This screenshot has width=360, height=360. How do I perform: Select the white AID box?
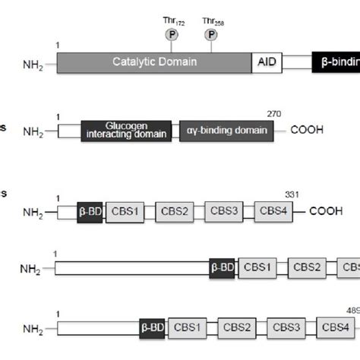[265, 63]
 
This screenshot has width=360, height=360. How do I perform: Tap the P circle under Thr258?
[210, 36]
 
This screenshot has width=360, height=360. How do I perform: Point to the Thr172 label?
[174, 21]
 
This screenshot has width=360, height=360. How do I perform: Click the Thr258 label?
[213, 21]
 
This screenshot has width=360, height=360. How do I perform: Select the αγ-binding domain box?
[226, 131]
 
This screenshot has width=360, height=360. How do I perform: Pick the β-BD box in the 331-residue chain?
[89, 213]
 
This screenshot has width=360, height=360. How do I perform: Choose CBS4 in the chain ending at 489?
[335, 328]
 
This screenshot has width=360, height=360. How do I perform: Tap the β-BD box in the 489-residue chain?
[153, 328]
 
